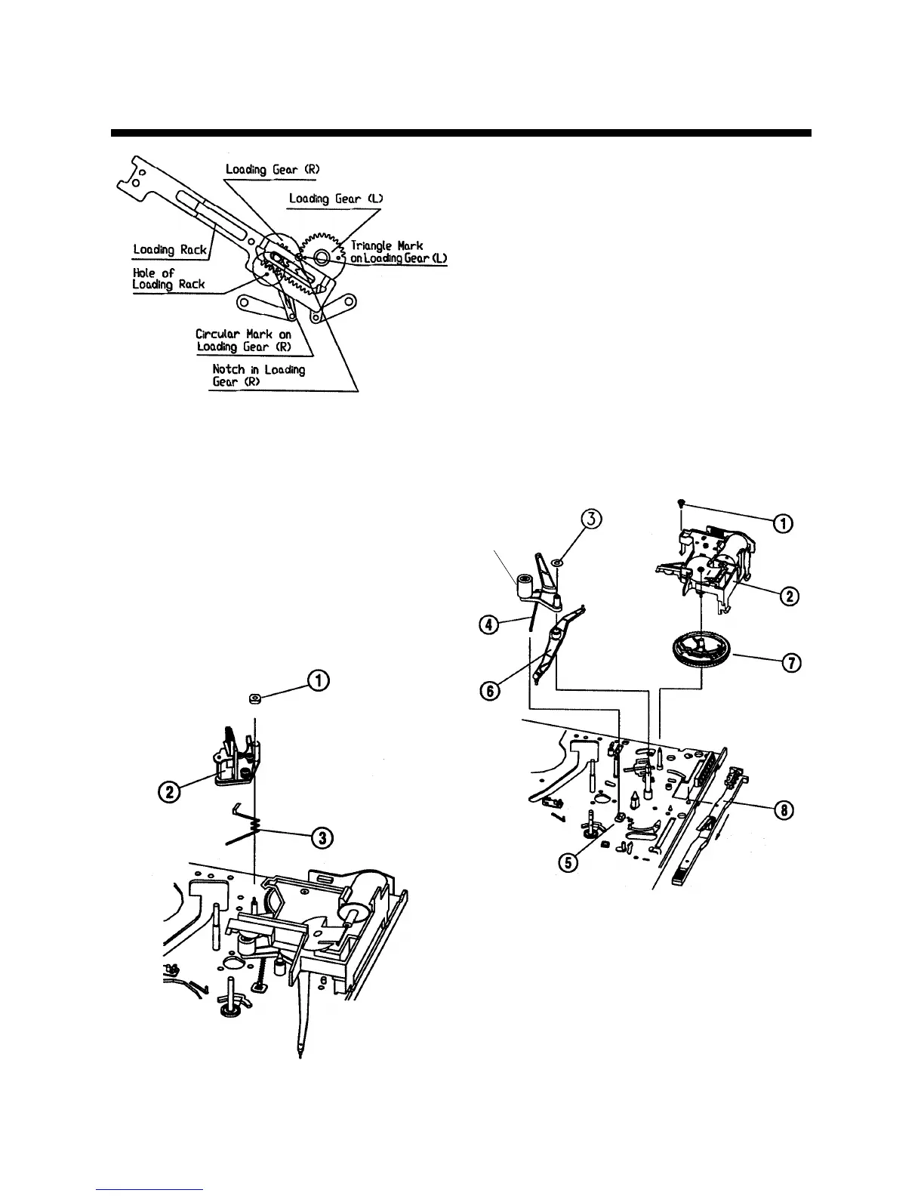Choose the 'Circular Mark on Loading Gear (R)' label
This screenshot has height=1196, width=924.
243,341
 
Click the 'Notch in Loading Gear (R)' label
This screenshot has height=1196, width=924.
258,375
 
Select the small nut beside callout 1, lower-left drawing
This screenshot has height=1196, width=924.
255,700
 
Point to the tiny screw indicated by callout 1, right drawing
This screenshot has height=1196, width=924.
681,504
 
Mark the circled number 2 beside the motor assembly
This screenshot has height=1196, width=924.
790,596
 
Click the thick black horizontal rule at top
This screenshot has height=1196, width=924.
461,134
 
